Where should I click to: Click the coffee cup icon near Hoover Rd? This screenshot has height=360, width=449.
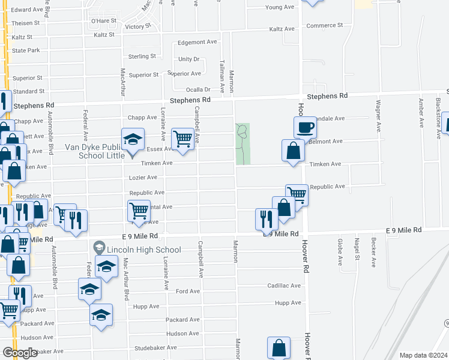(304, 127)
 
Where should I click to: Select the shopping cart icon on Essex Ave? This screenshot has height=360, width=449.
(183, 139)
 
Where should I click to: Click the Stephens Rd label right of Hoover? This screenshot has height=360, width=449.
(327, 96)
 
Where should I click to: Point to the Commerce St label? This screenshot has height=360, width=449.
(324, 25)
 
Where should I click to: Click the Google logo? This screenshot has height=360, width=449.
(20, 352)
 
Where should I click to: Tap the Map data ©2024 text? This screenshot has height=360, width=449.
(423, 355)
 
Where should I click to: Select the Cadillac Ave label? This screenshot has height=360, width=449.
(283, 286)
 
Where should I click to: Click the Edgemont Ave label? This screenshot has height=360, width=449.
(197, 43)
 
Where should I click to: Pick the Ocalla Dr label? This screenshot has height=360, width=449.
(197, 89)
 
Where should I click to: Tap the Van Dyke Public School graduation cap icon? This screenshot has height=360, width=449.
(133, 140)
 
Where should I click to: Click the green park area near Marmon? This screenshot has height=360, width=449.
(243, 144)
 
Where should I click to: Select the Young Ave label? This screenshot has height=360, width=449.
(280, 8)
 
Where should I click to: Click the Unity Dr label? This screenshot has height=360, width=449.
(188, 59)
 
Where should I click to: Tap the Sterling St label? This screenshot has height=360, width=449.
(142, 56)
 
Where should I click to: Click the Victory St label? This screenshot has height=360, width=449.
(139, 27)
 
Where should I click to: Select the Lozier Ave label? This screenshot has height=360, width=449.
(143, 178)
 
